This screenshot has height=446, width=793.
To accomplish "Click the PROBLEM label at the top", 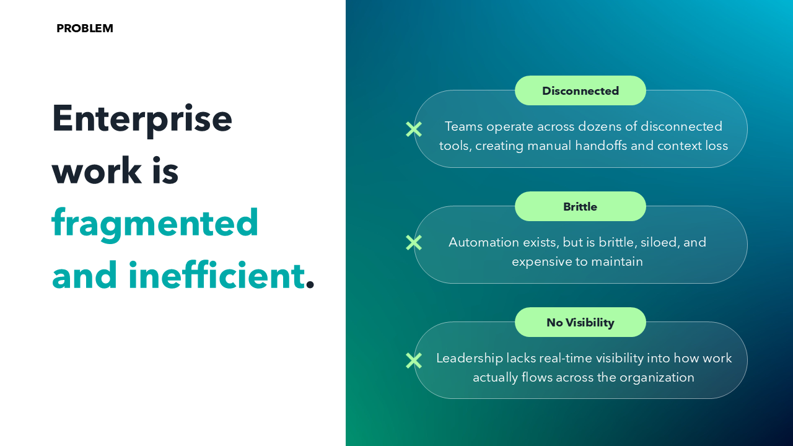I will (85, 28).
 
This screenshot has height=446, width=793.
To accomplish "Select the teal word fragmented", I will (155, 222).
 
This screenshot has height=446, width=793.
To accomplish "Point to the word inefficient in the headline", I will (216, 275).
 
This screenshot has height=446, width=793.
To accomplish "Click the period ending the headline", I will (310, 285).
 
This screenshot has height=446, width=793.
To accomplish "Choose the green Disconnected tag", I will (581, 91).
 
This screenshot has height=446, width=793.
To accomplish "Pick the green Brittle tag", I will (581, 207).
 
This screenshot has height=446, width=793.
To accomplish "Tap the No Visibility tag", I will (581, 323).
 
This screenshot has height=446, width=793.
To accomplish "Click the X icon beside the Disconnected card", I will (414, 129).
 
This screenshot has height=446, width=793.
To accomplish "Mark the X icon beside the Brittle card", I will (414, 242).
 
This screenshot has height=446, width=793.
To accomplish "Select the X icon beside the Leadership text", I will (414, 361).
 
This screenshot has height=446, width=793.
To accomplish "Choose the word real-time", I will (565, 358).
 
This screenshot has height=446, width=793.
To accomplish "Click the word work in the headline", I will (87, 170).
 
